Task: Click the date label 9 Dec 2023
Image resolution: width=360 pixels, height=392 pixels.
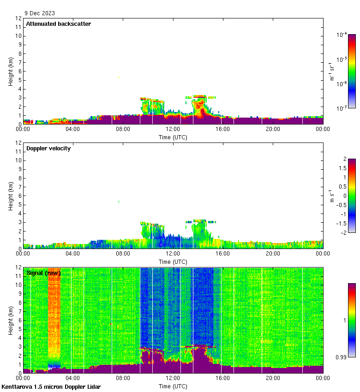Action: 40,13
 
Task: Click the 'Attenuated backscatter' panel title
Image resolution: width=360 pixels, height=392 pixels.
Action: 58,24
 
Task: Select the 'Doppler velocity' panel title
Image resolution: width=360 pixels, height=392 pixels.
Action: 48,148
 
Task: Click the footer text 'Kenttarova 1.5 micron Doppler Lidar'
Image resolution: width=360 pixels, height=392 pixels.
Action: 51,386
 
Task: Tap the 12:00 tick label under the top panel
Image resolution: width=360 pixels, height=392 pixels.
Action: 173,130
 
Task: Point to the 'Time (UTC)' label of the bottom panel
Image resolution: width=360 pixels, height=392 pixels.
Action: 173,386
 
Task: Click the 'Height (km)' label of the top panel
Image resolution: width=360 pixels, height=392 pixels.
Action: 11,71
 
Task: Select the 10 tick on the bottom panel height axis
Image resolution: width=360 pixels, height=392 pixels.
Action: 18,285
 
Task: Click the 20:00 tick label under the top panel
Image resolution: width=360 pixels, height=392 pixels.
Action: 273,130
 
